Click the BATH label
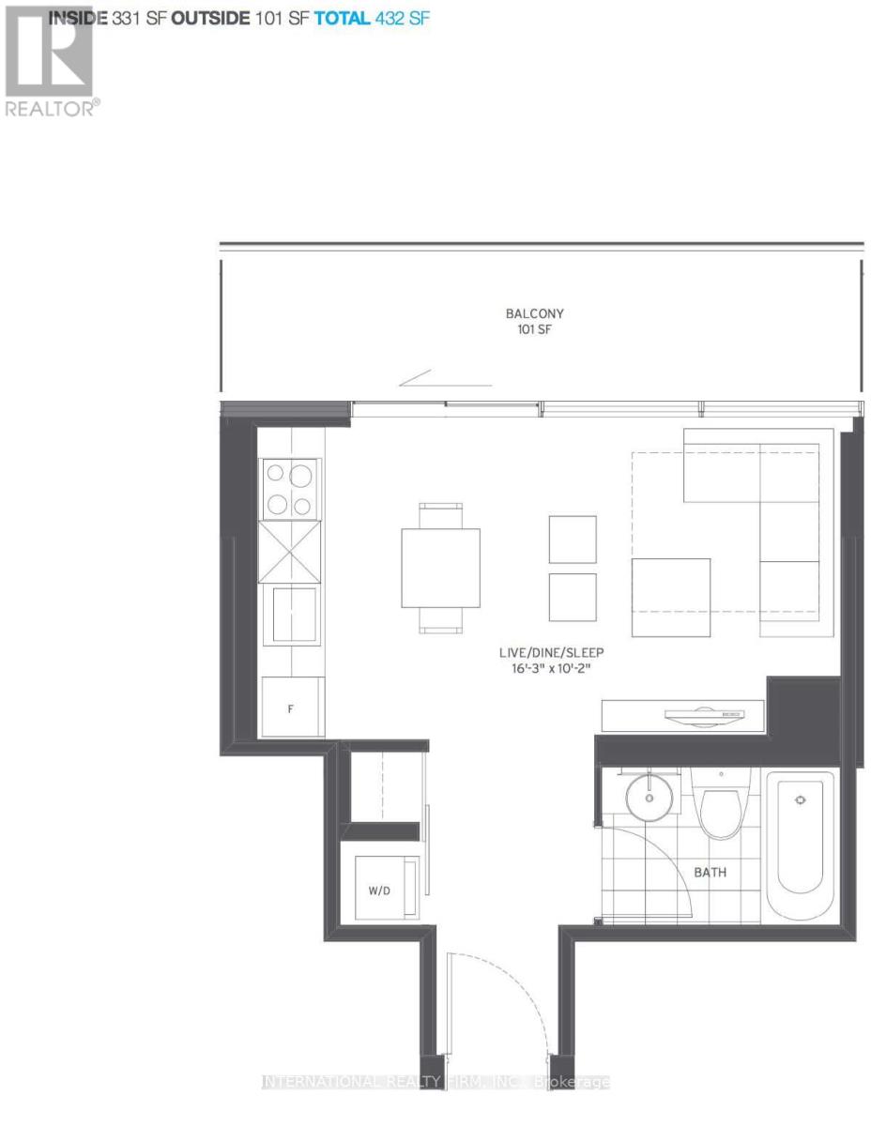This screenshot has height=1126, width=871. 710,873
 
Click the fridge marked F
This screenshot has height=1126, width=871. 291,708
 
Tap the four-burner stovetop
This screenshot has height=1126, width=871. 289,489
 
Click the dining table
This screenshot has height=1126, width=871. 440,568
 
